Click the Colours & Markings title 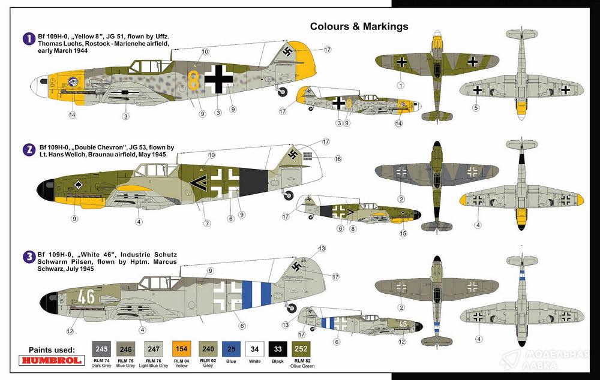(x=359, y=26)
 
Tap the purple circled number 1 (x=28, y=39)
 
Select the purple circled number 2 (x=28, y=149)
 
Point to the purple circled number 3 (x=28, y=257)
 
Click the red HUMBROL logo (x=52, y=361)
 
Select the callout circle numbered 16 (x=338, y=159)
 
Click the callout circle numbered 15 (x=403, y=233)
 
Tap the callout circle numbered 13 (x=322, y=248)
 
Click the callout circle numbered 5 (x=476, y=108)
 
